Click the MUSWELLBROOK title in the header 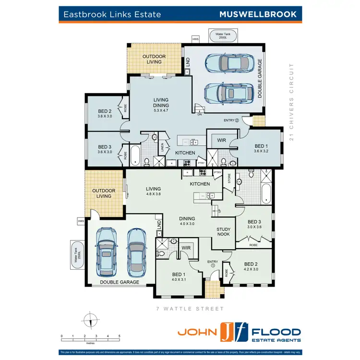258,14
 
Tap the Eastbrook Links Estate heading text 110,14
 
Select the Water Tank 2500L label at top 222,36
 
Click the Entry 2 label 231,120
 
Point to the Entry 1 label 213,263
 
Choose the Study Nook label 224,232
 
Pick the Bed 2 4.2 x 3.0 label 252,266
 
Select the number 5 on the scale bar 119,336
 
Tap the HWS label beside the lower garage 80,221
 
